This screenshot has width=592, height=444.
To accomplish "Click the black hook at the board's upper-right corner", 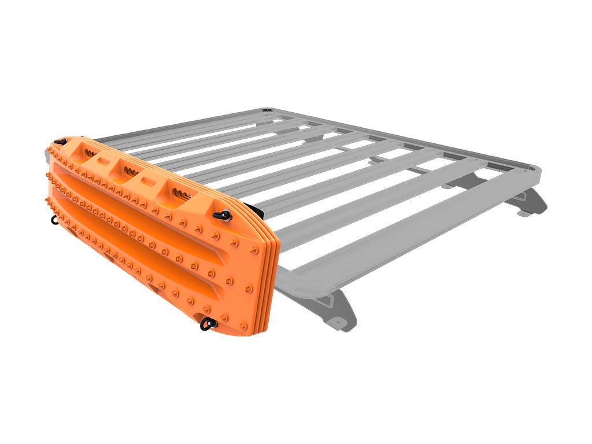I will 223,216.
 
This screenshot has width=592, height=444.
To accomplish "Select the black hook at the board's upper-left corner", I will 60,141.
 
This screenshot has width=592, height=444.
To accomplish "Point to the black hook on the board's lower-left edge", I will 54,218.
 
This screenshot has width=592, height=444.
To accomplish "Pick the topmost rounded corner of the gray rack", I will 267,110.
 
